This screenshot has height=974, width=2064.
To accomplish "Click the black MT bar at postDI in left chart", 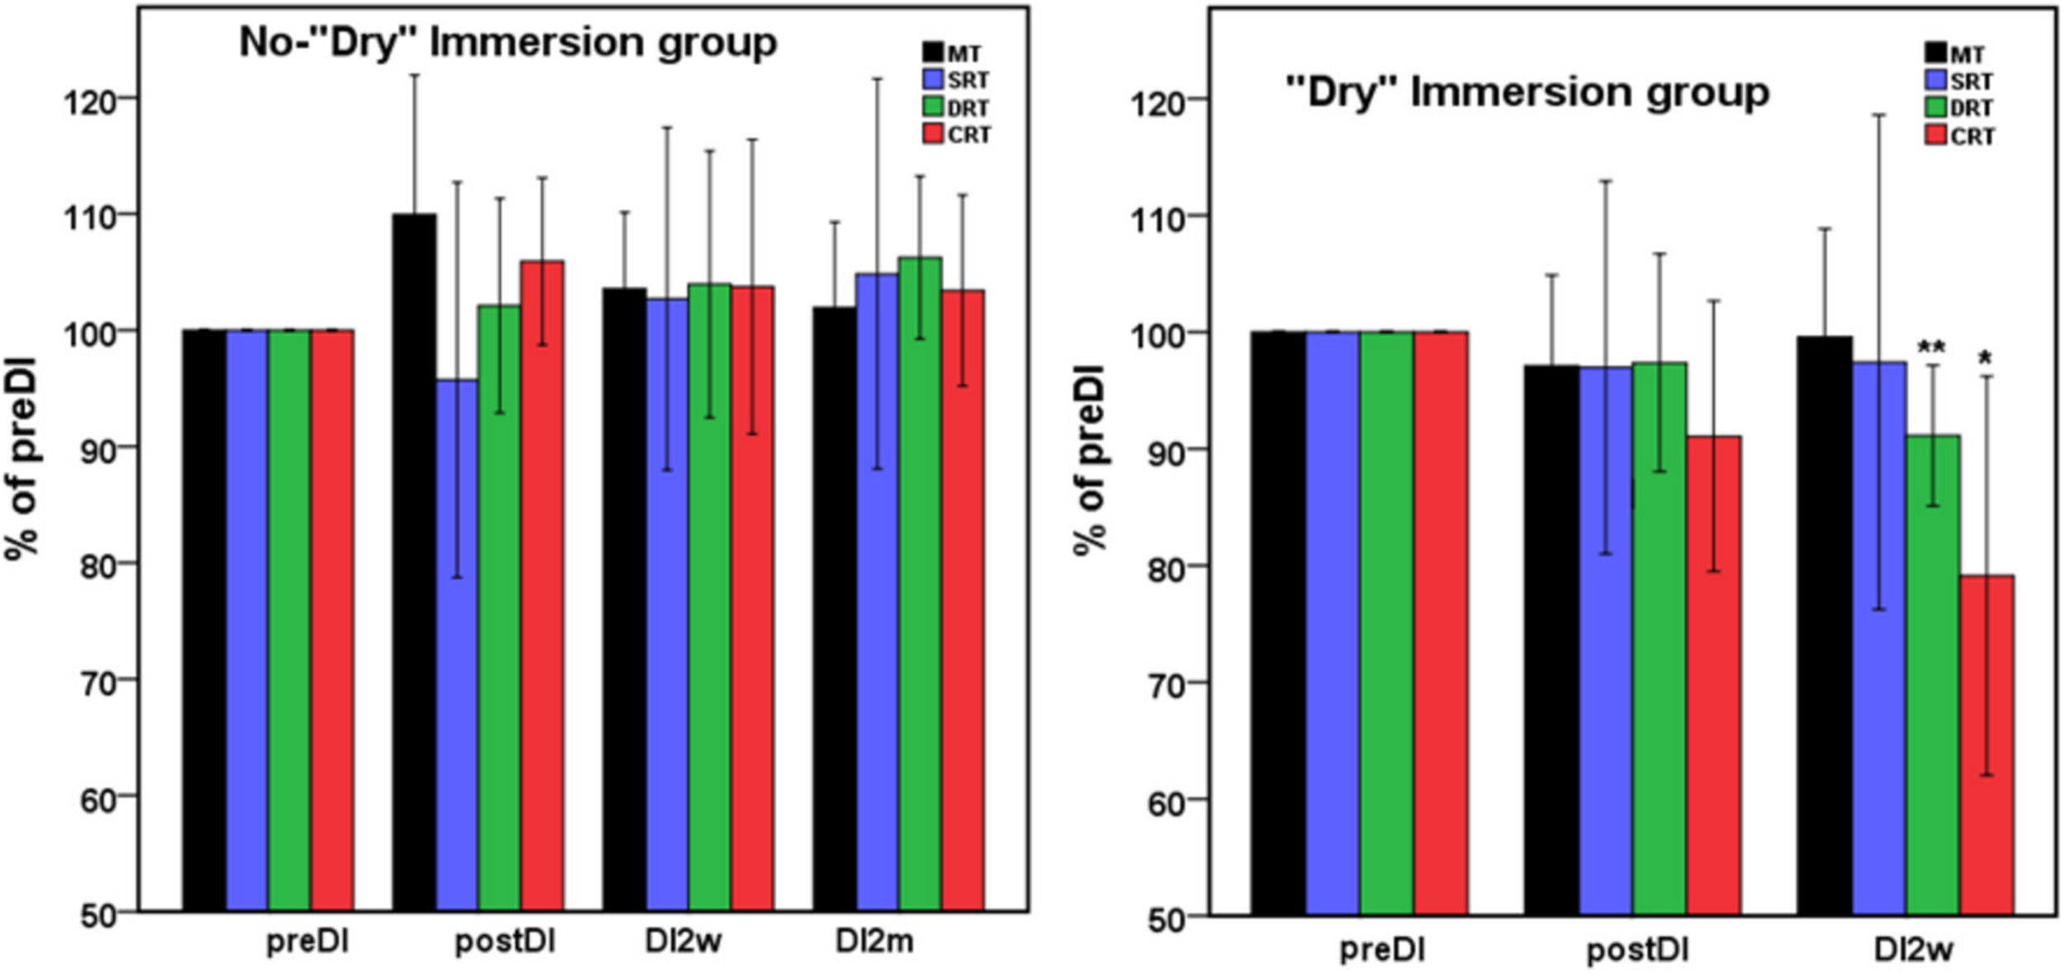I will [414, 561].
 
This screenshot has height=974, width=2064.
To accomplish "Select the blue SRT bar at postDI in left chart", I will [457, 644].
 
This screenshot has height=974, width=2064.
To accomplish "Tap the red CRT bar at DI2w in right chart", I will [1986, 743].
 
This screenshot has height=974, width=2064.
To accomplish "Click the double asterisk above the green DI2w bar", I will [1931, 348].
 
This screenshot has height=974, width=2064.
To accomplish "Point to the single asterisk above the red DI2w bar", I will [1985, 359].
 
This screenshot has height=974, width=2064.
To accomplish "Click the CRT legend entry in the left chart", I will [958, 135].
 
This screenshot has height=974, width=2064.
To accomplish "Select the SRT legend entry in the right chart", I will [1959, 81].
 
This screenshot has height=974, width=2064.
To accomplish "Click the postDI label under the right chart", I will [1637, 950].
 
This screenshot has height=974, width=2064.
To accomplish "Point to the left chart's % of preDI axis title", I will [22, 458].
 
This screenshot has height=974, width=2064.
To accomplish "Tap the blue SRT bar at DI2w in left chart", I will [667, 603].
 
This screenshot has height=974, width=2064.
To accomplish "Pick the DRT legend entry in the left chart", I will [958, 107].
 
